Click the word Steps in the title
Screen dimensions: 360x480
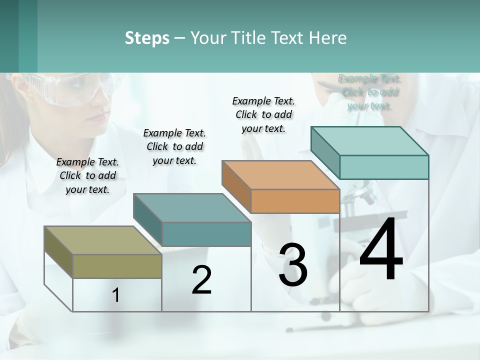point(147,38)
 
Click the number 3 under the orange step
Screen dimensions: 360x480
point(293,265)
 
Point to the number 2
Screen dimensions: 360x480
point(201,280)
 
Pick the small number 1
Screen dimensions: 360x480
point(116,295)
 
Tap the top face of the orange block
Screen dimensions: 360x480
point(280,175)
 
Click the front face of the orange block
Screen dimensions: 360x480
point(295,201)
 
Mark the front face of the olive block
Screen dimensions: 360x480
point(117,266)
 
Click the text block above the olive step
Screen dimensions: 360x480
point(87,175)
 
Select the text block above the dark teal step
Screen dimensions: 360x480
point(174,146)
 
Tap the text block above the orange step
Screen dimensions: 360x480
point(263,114)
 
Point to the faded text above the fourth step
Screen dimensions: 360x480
point(369,92)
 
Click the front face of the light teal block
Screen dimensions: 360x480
point(383,167)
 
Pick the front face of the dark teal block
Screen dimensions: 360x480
point(206,234)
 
